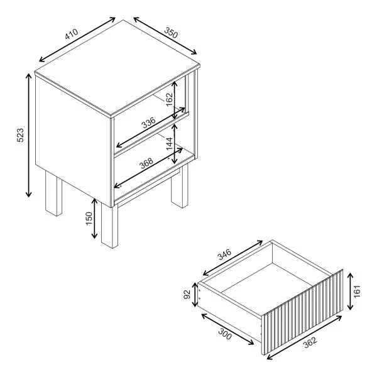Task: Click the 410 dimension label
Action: point(72,34)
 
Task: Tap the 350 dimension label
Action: point(171,33)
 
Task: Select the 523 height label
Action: point(21,135)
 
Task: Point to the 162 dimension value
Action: point(169,99)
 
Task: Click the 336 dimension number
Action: point(148,123)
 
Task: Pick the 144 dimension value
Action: point(169,143)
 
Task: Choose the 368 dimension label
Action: point(146,163)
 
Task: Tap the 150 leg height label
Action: point(89,218)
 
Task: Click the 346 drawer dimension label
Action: point(224,255)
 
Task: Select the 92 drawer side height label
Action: point(187,294)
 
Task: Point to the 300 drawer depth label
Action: point(225,334)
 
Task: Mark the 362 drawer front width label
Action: point(310,342)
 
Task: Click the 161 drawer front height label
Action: point(357,291)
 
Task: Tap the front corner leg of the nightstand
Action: point(109,226)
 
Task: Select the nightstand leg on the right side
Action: point(180,187)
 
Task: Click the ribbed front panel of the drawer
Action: point(302,312)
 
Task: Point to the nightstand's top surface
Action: point(117,67)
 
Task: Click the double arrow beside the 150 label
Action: point(94,218)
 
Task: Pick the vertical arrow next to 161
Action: point(350,291)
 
